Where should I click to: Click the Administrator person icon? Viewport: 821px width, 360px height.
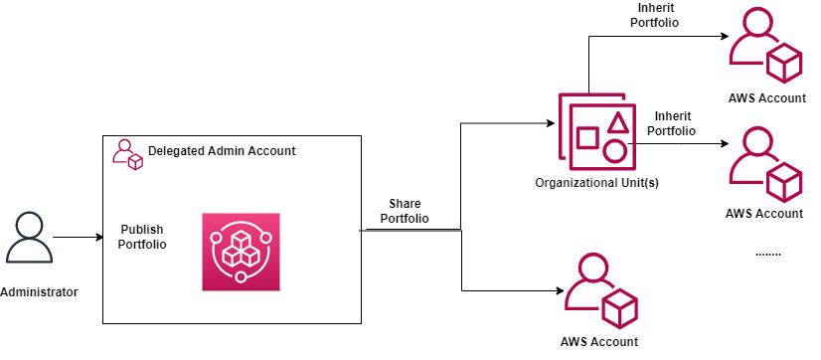tap(28, 238)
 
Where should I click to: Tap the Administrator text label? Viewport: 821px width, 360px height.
tap(39, 292)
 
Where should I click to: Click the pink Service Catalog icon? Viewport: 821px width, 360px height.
tap(241, 252)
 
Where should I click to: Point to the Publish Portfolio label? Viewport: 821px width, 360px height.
tap(143, 236)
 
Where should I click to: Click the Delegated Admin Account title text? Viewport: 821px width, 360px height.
tap(222, 151)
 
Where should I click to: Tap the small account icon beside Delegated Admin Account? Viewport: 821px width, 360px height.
tap(127, 153)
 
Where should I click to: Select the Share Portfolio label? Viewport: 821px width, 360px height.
tap(405, 211)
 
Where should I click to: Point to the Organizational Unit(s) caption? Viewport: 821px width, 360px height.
tap(596, 183)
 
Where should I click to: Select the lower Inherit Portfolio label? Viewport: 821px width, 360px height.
tap(670, 123)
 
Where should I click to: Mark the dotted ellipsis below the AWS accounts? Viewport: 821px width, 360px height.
tap(767, 254)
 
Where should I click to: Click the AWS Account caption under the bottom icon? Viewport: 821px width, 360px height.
tap(598, 342)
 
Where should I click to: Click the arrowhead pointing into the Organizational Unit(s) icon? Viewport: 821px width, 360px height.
tap(547, 124)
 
